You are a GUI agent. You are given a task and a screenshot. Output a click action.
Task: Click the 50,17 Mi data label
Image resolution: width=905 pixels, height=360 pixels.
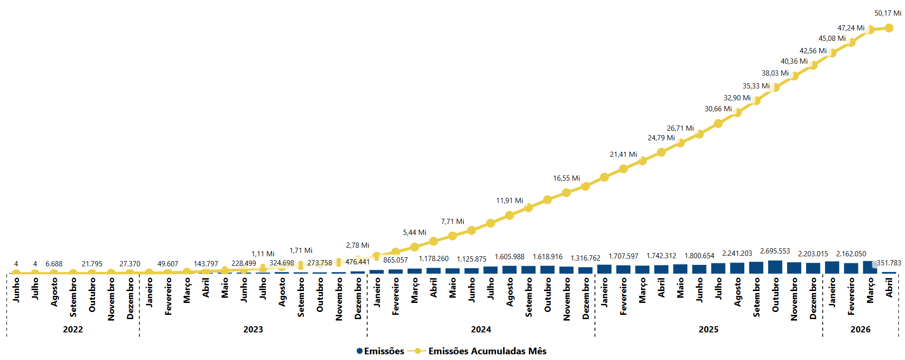(x=887, y=13)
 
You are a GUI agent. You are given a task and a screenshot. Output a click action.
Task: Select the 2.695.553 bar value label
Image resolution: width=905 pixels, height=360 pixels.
(x=775, y=251)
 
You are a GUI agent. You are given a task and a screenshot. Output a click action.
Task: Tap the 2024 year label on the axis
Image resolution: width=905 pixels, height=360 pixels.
(x=481, y=330)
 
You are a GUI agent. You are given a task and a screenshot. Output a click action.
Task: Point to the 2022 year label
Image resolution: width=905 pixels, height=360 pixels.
(x=73, y=330)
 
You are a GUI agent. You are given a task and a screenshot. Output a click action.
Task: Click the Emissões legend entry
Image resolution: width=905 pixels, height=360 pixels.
(x=380, y=351)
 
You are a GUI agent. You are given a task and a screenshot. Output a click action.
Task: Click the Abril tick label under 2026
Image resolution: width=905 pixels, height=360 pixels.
(x=889, y=288)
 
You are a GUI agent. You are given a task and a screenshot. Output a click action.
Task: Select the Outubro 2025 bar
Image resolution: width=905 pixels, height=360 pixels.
(x=775, y=267)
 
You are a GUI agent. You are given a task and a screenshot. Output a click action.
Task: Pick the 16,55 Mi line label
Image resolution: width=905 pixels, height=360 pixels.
(x=566, y=178)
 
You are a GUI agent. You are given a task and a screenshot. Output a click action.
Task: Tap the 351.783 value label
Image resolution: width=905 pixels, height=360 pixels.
(x=889, y=263)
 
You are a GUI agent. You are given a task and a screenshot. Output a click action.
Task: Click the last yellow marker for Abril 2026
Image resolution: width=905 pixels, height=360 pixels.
(x=889, y=28)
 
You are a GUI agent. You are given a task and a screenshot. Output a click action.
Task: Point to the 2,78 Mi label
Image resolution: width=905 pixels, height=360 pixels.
(x=358, y=245)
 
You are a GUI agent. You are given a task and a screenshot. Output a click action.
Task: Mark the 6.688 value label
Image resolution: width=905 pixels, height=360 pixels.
(x=54, y=264)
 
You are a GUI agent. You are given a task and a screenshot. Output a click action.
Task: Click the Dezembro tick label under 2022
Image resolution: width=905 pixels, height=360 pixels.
(x=130, y=299)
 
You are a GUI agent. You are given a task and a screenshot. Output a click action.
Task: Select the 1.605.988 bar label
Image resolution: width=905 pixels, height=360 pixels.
(x=509, y=257)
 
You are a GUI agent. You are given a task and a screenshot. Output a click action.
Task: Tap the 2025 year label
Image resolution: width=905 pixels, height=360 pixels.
(x=708, y=330)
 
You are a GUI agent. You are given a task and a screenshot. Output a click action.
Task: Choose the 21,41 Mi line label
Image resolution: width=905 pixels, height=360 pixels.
(x=623, y=155)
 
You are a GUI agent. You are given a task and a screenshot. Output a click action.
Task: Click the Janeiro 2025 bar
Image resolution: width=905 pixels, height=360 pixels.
(x=604, y=269)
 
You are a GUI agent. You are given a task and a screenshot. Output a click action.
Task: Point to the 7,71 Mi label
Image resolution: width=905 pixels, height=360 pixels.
(x=452, y=222)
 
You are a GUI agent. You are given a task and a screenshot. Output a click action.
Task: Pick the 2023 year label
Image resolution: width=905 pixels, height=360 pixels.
(x=253, y=330)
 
